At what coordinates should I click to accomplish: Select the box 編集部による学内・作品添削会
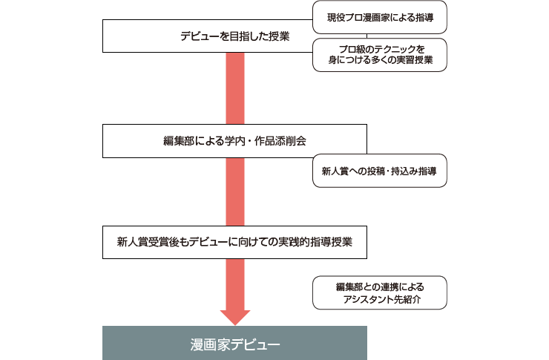[234, 141]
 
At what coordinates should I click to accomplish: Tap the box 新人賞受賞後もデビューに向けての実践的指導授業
[234, 242]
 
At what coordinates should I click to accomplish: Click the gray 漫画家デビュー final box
[234, 343]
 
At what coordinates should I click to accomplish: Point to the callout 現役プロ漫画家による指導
[380, 17]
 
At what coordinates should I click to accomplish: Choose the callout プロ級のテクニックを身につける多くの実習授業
[380, 55]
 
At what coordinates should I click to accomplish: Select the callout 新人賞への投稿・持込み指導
[380, 171]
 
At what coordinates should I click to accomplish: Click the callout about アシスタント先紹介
[380, 292]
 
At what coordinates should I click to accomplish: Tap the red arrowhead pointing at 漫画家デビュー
[235, 317]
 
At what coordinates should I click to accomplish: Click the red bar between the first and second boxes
[235, 88]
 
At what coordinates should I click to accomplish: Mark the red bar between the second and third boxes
[235, 192]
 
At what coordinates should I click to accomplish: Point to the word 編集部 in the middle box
[178, 141]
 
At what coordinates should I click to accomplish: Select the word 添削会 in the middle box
[291, 141]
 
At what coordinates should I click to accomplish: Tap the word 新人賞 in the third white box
[132, 242]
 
